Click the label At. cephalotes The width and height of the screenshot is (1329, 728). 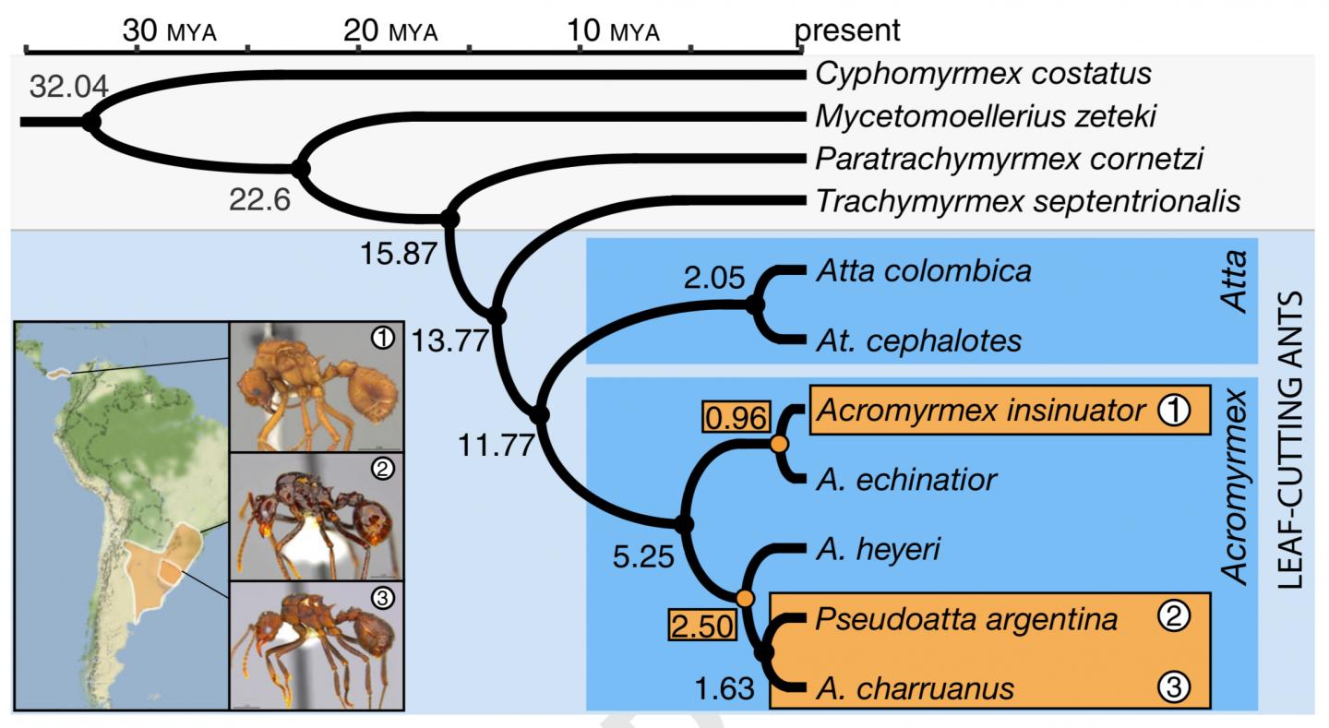(918, 341)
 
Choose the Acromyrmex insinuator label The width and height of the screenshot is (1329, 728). (981, 410)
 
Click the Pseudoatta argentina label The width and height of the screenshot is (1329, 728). (966, 618)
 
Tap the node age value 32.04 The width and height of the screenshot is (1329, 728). (68, 86)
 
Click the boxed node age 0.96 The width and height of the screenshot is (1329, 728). (736, 418)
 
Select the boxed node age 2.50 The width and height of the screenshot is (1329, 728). (703, 627)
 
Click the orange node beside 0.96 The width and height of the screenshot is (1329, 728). (780, 445)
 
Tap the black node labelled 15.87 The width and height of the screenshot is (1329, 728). (449, 220)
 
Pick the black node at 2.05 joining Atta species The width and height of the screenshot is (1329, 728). (757, 304)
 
